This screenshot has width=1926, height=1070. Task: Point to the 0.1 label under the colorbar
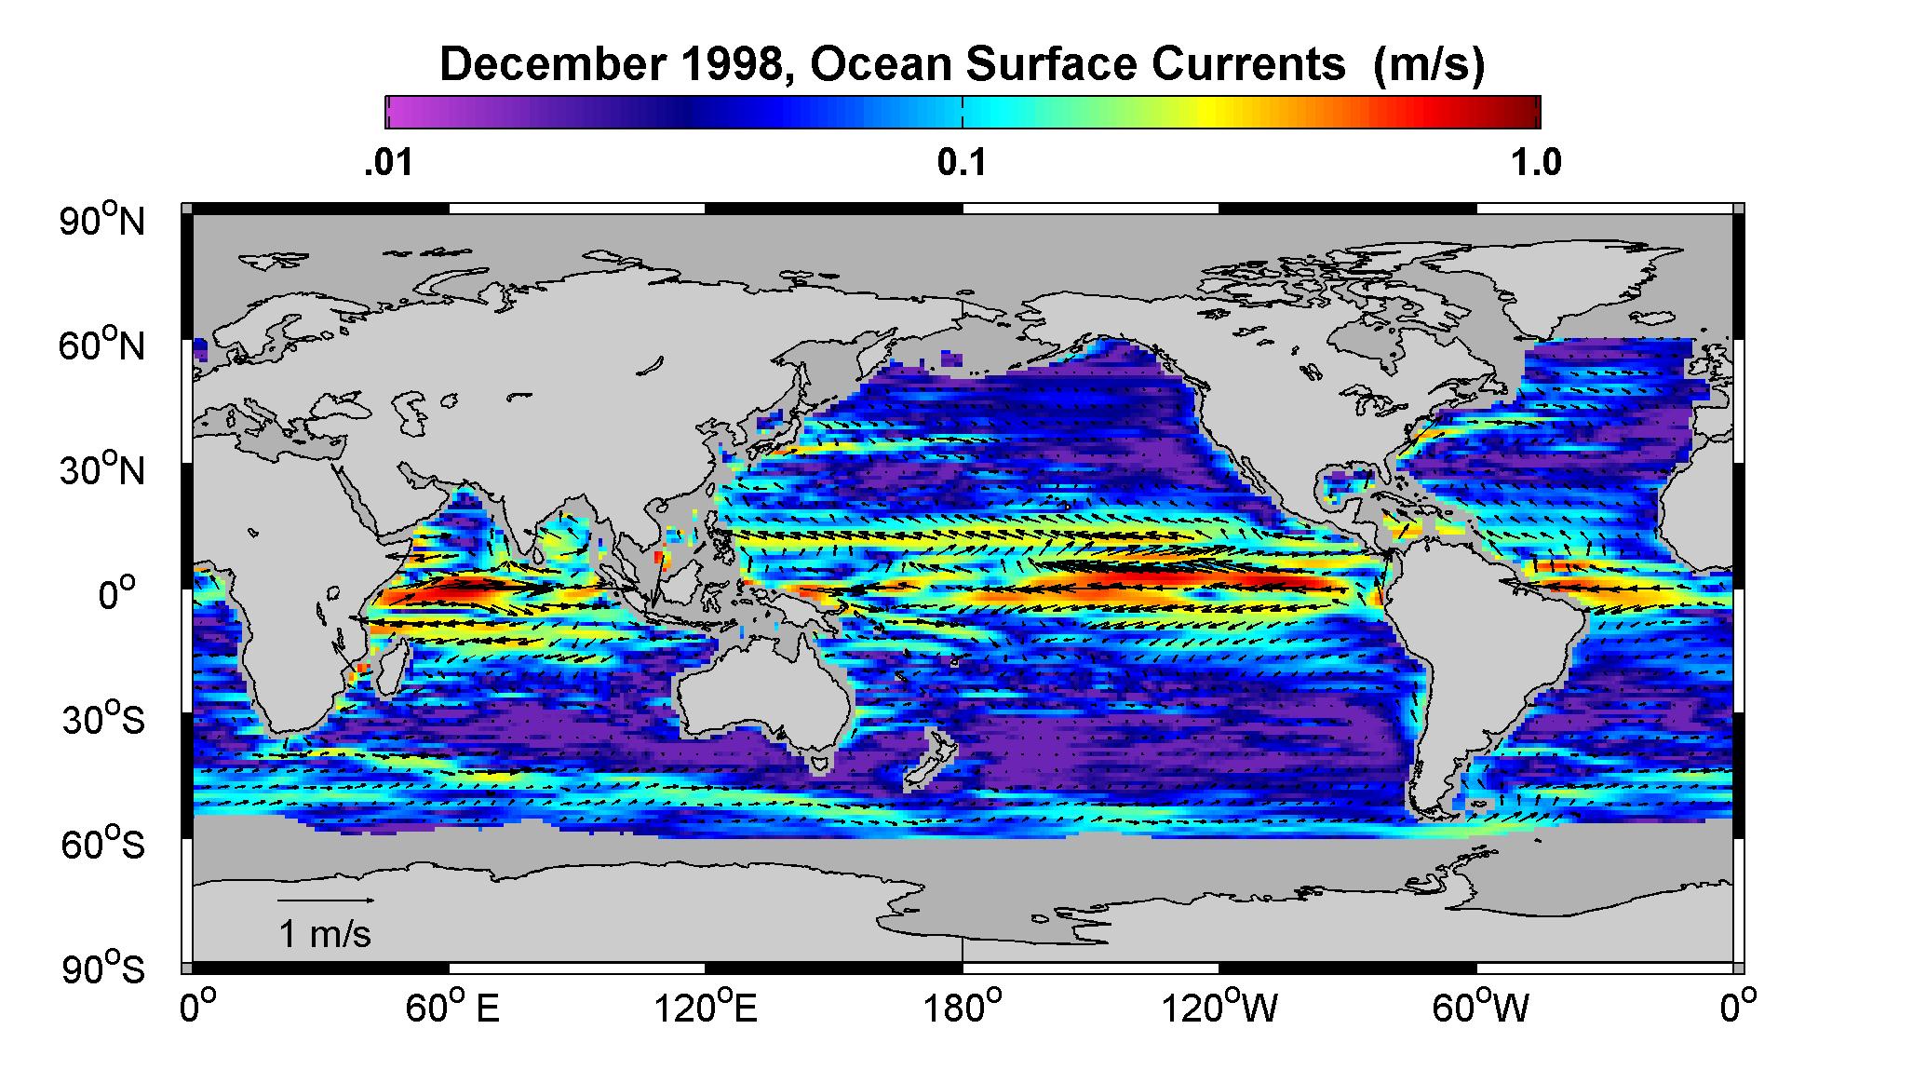coord(962,163)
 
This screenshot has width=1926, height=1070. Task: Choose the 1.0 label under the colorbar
coord(1537,163)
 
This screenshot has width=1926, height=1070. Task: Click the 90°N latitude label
coord(103,221)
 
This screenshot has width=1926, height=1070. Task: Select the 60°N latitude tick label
coord(103,345)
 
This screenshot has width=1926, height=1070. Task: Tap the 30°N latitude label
coord(103,470)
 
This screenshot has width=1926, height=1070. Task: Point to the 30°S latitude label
coord(103,720)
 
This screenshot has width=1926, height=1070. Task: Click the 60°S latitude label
coord(103,845)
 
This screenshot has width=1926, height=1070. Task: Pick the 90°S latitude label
coord(103,969)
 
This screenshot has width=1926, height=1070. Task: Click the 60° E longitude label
coord(451,1009)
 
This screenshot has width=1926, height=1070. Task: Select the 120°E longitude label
coord(707,1009)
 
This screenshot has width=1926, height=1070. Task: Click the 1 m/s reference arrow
coord(327,901)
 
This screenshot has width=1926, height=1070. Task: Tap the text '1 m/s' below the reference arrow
coord(325,934)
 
